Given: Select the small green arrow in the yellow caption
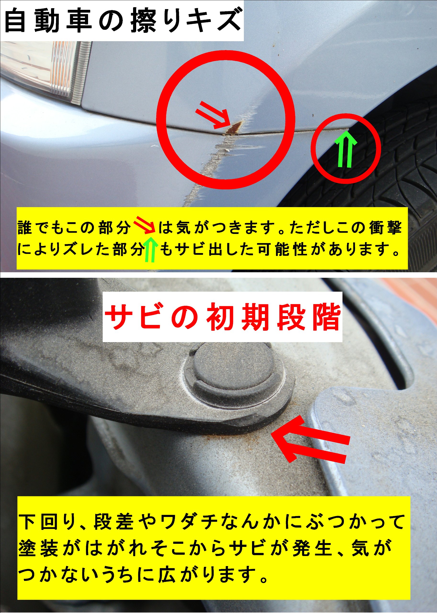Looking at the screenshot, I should pos(150,250).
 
